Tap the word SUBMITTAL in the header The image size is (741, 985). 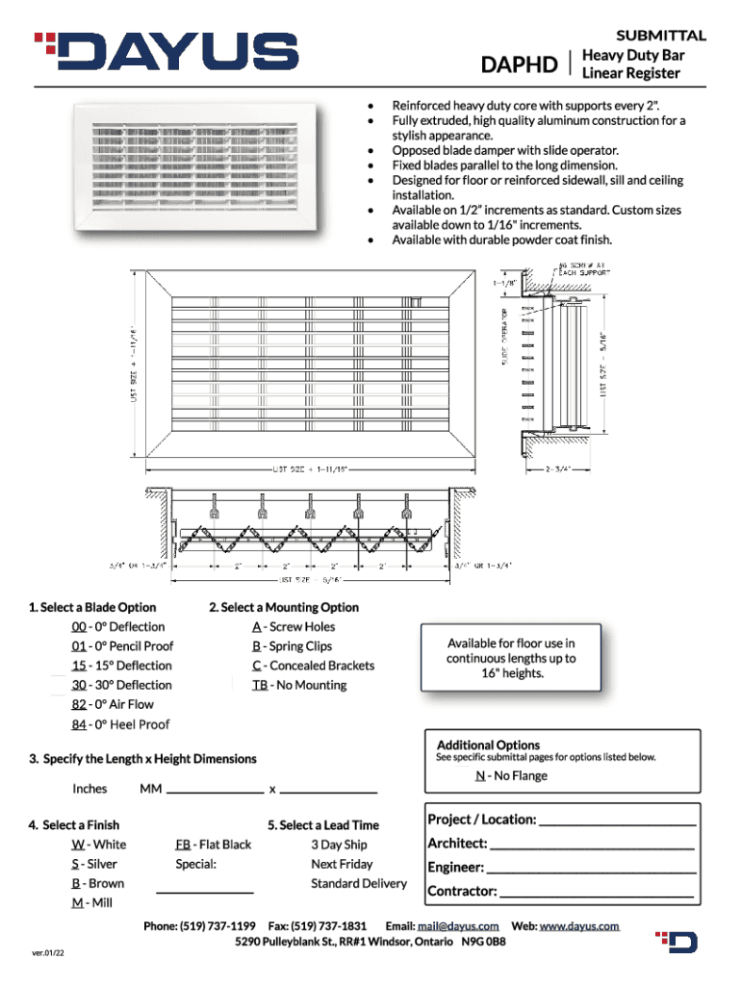coord(661,36)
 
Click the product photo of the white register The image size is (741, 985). coord(202,165)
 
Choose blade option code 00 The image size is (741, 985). coord(80,627)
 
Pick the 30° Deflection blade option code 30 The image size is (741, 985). coord(80,685)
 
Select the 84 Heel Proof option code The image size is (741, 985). coord(80,724)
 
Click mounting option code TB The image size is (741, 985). coord(260,685)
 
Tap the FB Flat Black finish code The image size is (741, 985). coord(182,845)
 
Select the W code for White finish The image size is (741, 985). coord(77,845)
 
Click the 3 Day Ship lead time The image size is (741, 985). coord(339,845)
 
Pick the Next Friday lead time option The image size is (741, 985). coord(342,864)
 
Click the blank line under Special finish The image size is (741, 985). coord(212,892)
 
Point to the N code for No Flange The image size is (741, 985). coord(479,776)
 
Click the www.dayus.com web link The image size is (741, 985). coord(578,926)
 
